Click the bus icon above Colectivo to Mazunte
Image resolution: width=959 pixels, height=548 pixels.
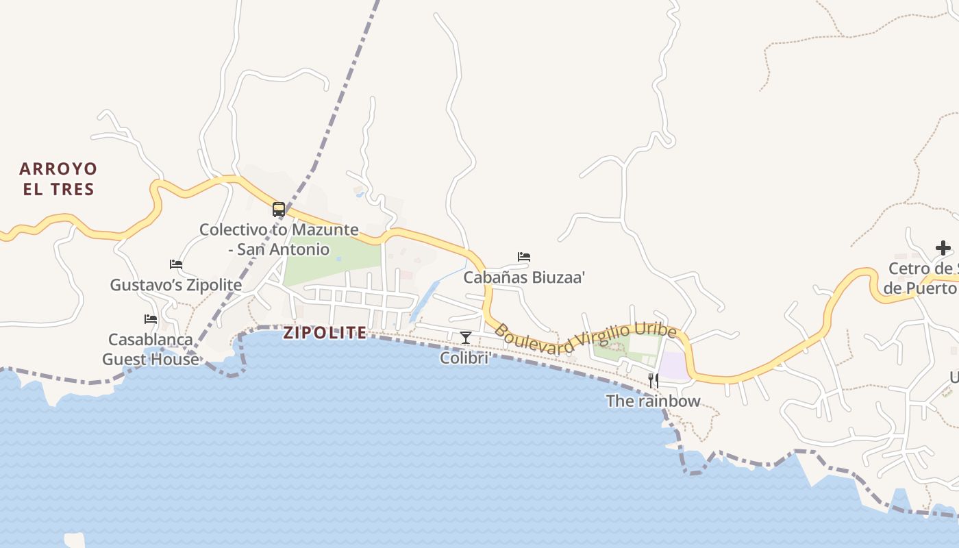click(279, 210)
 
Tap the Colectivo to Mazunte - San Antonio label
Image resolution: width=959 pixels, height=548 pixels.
click(279, 239)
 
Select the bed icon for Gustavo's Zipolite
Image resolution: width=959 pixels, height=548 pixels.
click(176, 264)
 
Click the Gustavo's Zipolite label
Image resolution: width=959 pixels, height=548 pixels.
click(176, 285)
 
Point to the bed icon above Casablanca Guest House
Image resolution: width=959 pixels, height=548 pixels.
click(151, 319)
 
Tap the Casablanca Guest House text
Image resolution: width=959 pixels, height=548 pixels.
click(151, 349)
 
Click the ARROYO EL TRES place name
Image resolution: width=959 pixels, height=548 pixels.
click(58, 179)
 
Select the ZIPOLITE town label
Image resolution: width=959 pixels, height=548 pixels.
click(325, 333)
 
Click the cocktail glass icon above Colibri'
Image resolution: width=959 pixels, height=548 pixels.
click(466, 337)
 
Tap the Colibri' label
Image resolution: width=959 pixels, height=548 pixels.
click(466, 358)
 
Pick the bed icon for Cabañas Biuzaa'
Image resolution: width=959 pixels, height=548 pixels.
click(524, 257)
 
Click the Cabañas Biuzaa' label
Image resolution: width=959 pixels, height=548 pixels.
click(524, 277)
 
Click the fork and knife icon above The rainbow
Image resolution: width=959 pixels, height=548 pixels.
click(653, 381)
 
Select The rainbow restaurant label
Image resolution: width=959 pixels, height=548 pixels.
click(653, 401)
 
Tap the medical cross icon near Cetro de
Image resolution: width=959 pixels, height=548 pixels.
click(943, 248)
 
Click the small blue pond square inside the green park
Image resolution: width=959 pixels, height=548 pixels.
click(338, 259)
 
